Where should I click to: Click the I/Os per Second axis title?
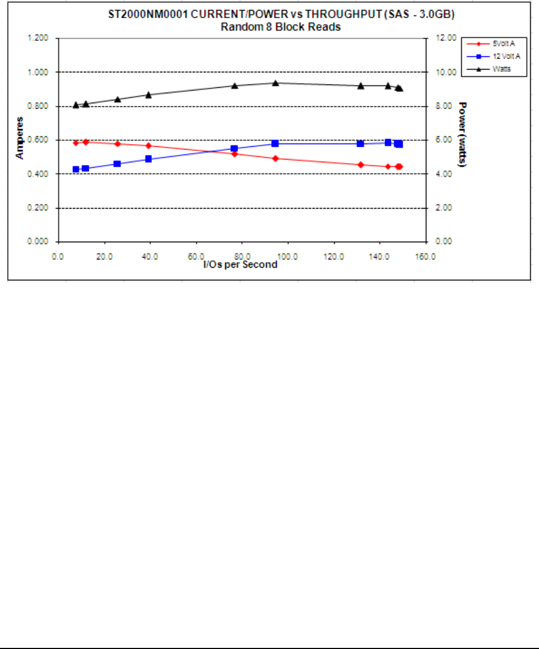click(x=240, y=265)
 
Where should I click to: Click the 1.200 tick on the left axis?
click(x=38, y=38)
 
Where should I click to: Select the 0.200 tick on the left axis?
click(x=38, y=208)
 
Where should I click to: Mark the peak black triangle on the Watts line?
click(x=275, y=83)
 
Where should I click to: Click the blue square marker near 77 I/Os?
click(x=234, y=148)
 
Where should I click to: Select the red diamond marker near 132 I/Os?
click(x=361, y=164)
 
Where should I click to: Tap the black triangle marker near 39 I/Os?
click(x=148, y=94)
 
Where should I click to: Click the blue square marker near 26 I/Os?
click(x=117, y=164)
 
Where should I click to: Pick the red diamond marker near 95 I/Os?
click(x=275, y=158)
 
